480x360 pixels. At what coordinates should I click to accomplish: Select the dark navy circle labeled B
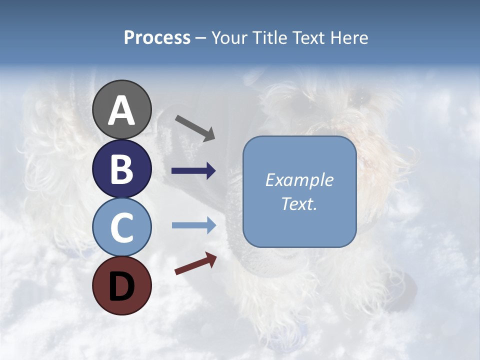click(x=122, y=168)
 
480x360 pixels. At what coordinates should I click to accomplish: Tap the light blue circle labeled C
click(x=122, y=227)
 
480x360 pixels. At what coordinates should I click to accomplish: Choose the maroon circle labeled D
click(x=122, y=285)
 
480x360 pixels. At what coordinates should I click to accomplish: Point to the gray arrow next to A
click(x=195, y=127)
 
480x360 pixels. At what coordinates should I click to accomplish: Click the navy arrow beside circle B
click(x=193, y=171)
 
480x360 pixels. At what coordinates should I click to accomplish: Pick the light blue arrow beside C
click(x=193, y=225)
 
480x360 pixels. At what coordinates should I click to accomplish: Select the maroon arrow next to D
click(x=195, y=264)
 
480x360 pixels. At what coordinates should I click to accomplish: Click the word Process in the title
click(x=157, y=37)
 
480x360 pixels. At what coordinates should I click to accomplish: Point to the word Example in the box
click(x=299, y=180)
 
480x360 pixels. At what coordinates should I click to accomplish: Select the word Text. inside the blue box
click(x=299, y=203)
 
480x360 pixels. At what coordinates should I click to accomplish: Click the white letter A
click(x=122, y=111)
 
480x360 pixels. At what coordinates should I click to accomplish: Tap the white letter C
click(x=122, y=227)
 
